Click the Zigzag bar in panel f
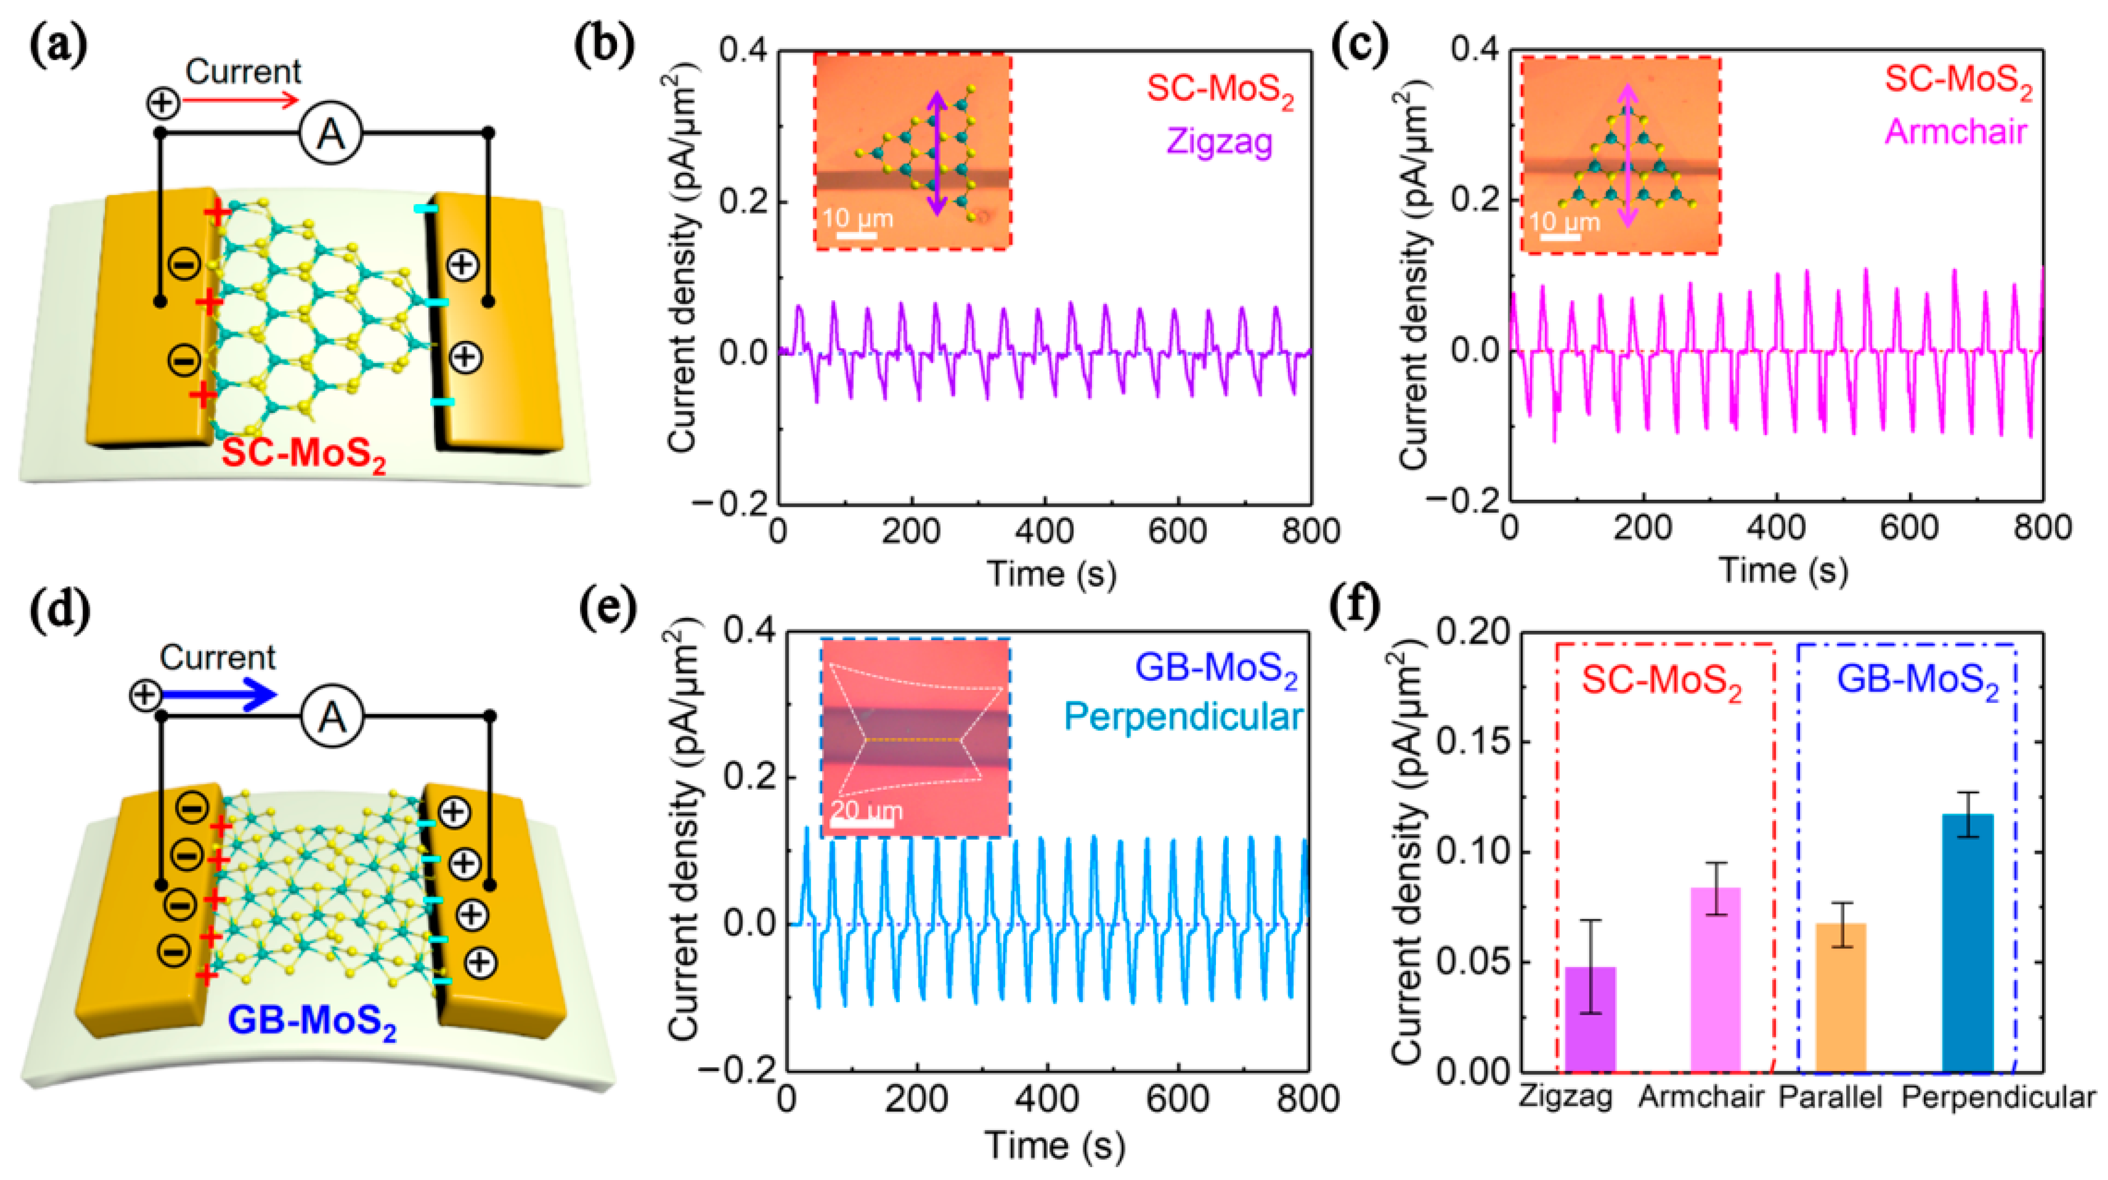coord(1590,1019)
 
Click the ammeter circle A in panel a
coord(331,133)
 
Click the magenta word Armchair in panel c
coord(1956,132)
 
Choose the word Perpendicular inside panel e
coord(1183,717)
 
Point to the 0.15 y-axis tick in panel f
coord(1473,742)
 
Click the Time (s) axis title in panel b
coord(1051,573)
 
